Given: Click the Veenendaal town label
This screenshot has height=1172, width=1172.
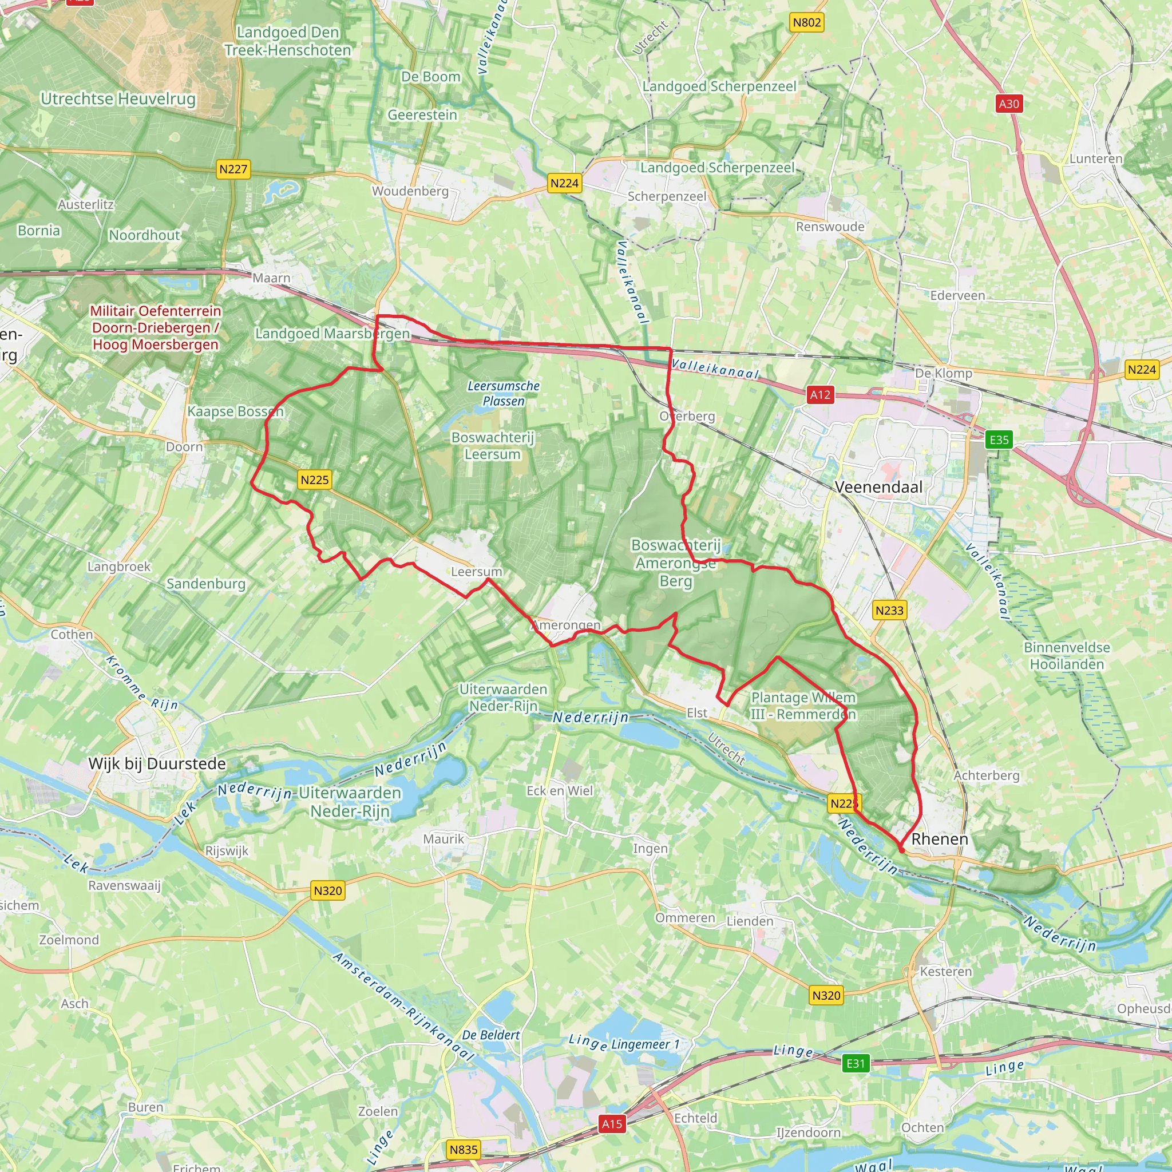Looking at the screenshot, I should point(878,486).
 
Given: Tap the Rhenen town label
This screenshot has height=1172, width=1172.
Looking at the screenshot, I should point(940,839).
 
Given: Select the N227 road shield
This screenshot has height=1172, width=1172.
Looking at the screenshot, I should point(233,169).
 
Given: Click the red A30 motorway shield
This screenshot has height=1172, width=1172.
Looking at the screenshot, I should point(1009,104).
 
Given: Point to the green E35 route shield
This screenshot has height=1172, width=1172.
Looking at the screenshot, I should point(999,440).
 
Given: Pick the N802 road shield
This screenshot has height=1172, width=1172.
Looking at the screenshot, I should point(807,23).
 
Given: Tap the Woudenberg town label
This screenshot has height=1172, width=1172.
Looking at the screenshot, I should point(410,191).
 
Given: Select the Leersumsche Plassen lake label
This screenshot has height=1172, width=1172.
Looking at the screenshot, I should point(504,393).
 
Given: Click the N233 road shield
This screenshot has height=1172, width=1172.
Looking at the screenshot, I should point(889,611).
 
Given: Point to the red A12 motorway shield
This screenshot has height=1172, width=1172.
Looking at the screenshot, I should point(820,395).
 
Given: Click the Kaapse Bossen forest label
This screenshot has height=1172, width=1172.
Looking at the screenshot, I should point(235,411).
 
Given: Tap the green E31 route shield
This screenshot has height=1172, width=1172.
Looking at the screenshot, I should point(856,1063).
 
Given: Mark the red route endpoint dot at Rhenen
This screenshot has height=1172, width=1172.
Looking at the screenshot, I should point(901,850).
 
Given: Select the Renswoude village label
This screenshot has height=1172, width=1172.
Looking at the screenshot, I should point(830,227).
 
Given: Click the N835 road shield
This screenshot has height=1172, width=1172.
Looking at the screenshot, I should point(464,1150).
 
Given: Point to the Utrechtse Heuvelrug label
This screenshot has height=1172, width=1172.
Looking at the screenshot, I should point(118,99).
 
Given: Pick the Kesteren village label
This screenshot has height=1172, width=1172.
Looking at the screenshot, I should point(946,972).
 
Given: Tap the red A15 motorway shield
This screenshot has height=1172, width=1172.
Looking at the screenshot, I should point(612,1124).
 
